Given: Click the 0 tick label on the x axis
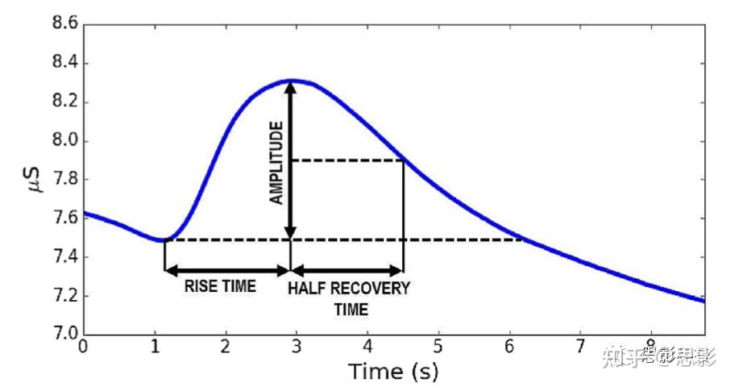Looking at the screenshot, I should point(84,346).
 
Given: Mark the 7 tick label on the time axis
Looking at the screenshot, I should point(579,346).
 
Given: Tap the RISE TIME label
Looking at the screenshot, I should point(220,286).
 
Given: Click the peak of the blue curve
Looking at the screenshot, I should point(292,81).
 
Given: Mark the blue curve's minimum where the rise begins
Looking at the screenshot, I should point(164,240).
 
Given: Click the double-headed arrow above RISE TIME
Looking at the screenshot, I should point(226,271).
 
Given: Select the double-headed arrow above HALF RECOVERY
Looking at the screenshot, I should point(347,271).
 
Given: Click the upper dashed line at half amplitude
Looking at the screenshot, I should point(347,160).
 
